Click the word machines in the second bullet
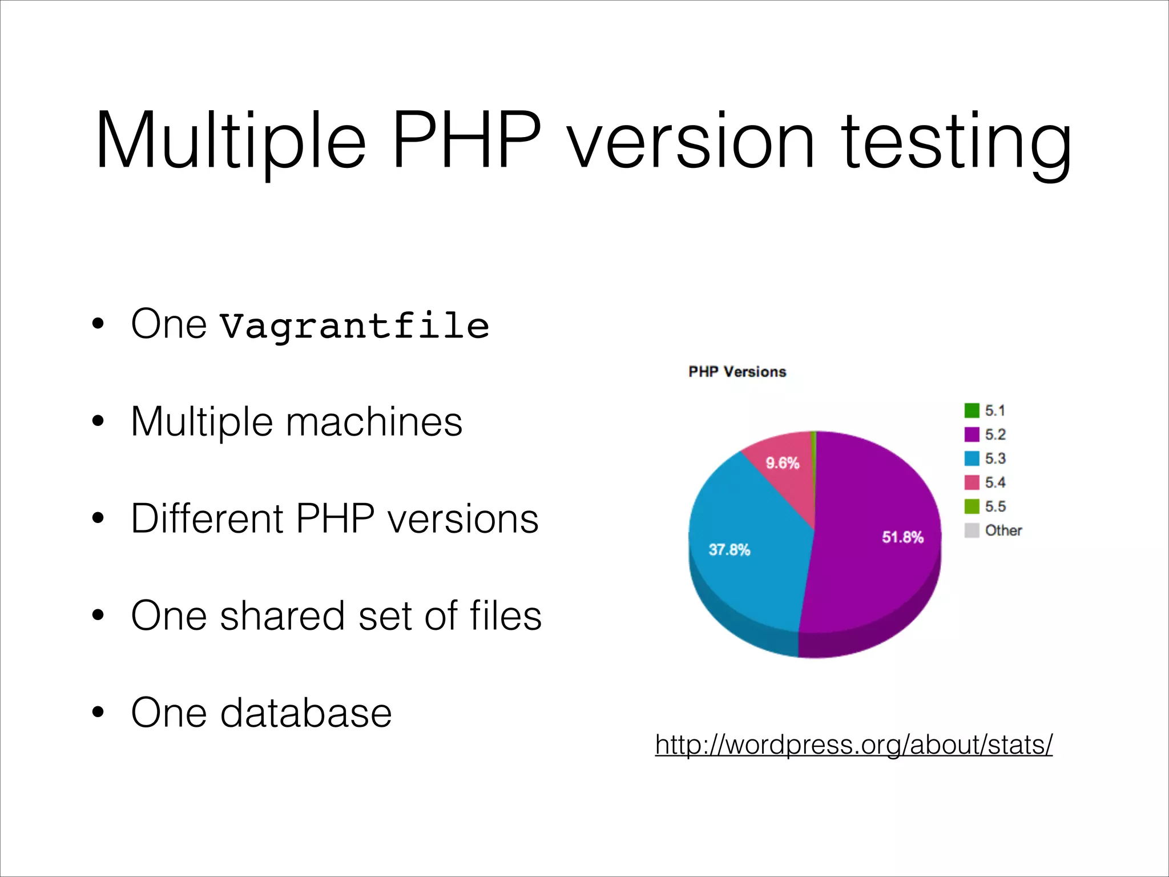[x=374, y=422]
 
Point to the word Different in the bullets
[x=207, y=518]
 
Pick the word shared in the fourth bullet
[x=283, y=615]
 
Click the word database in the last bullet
[x=306, y=713]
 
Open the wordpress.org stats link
[x=853, y=745]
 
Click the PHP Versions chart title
[x=737, y=372]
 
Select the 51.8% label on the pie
[x=902, y=537]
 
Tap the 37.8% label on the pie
[x=729, y=550]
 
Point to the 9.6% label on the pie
[x=782, y=463]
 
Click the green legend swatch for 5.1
[x=972, y=411]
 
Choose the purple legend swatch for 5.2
[x=972, y=435]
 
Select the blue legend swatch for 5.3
[x=972, y=458]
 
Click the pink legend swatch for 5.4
[x=972, y=482]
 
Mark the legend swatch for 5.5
[x=972, y=506]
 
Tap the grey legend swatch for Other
[x=972, y=530]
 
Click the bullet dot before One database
[x=98, y=713]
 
